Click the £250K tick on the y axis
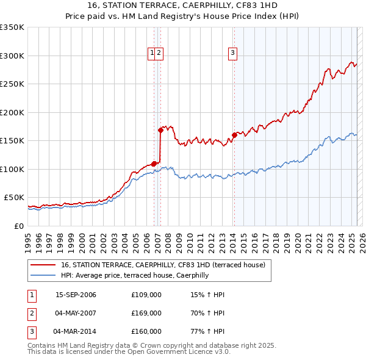12,84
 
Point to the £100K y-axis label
12,169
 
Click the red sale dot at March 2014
234,135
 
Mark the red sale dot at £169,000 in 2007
160,130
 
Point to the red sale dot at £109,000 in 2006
154,164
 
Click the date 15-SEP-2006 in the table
76,295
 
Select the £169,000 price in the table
146,313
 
